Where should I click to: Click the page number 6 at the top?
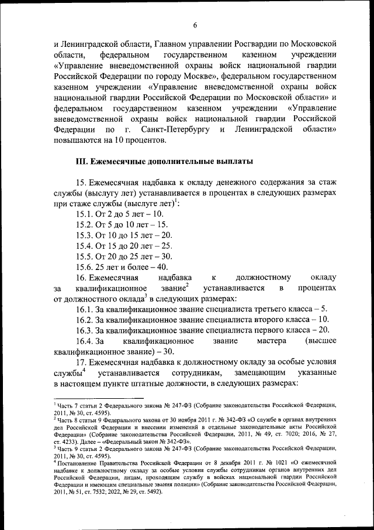195,24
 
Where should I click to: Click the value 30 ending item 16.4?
169,351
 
